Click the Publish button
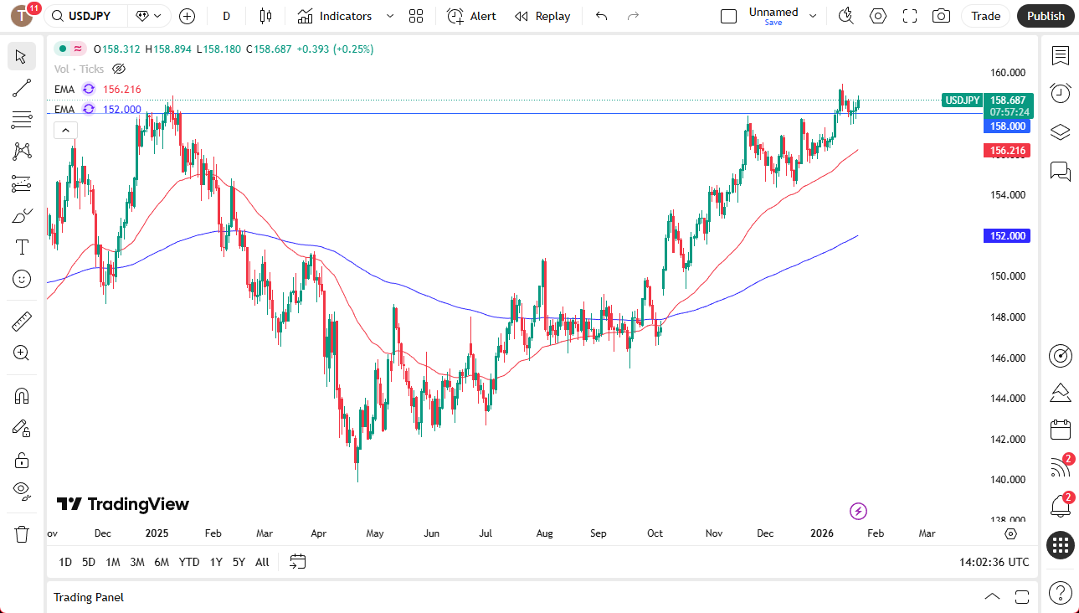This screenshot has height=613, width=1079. coord(1046,16)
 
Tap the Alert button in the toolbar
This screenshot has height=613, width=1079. coord(472,16)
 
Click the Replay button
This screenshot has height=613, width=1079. coord(542,16)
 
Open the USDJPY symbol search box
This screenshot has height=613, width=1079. coord(89,16)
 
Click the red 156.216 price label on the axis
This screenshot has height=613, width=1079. coord(1008,151)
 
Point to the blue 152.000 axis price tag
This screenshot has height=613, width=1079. coord(1008,236)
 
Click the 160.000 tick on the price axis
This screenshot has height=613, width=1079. coord(1008,73)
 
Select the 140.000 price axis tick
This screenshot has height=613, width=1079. coord(1008,480)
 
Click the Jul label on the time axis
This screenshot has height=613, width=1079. coord(485,533)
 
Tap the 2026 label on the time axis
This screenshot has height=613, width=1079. coord(821,533)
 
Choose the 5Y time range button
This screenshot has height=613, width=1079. coord(239,562)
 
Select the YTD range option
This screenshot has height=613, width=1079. coord(189,562)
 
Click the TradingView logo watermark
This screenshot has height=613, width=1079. coord(123,504)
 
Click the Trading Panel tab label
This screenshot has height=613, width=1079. coord(89,597)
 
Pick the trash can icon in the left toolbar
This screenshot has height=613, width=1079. coord(22,533)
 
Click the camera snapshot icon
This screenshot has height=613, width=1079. coord(941,16)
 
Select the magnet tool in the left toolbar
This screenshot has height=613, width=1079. coord(22,395)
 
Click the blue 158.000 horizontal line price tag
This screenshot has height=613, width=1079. coord(1008,126)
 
